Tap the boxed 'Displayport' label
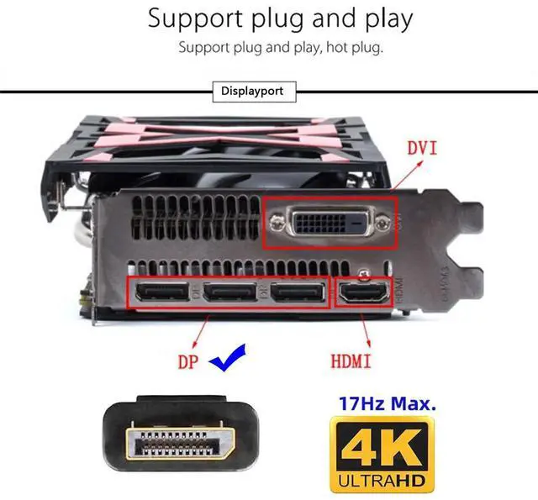(x=253, y=91)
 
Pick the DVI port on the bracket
(x=330, y=223)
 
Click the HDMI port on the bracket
(x=363, y=295)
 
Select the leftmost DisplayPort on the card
(x=162, y=294)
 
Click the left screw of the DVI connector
(x=277, y=223)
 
